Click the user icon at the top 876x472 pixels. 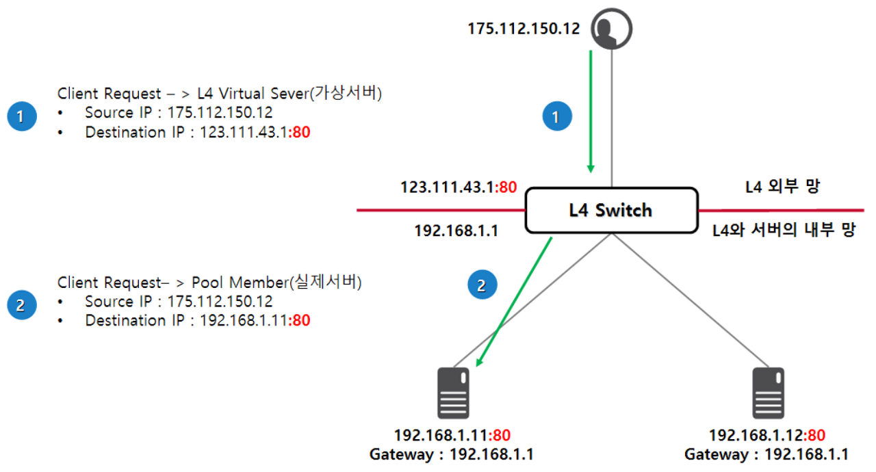(611, 29)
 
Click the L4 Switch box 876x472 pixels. (612, 210)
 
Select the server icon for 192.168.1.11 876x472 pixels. (453, 393)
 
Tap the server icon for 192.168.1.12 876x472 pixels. (768, 393)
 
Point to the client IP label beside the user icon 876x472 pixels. (524, 29)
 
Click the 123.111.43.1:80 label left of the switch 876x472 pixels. (459, 187)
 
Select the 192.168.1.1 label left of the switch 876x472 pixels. (456, 231)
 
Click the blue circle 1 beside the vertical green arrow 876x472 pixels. (557, 116)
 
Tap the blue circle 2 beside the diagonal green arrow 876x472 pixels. (482, 285)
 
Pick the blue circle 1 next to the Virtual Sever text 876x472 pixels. (22, 116)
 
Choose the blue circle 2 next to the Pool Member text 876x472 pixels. (22, 305)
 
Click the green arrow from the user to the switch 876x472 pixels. (591, 112)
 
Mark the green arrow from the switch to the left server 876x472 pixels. (514, 302)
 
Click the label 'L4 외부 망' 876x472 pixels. (782, 186)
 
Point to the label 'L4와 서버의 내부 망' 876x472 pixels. (784, 230)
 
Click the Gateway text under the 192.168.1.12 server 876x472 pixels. (766, 454)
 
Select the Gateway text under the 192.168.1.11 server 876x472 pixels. (452, 454)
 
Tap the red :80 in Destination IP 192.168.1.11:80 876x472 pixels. (299, 320)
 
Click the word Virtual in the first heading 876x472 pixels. (242, 94)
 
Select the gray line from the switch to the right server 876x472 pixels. (691, 300)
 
